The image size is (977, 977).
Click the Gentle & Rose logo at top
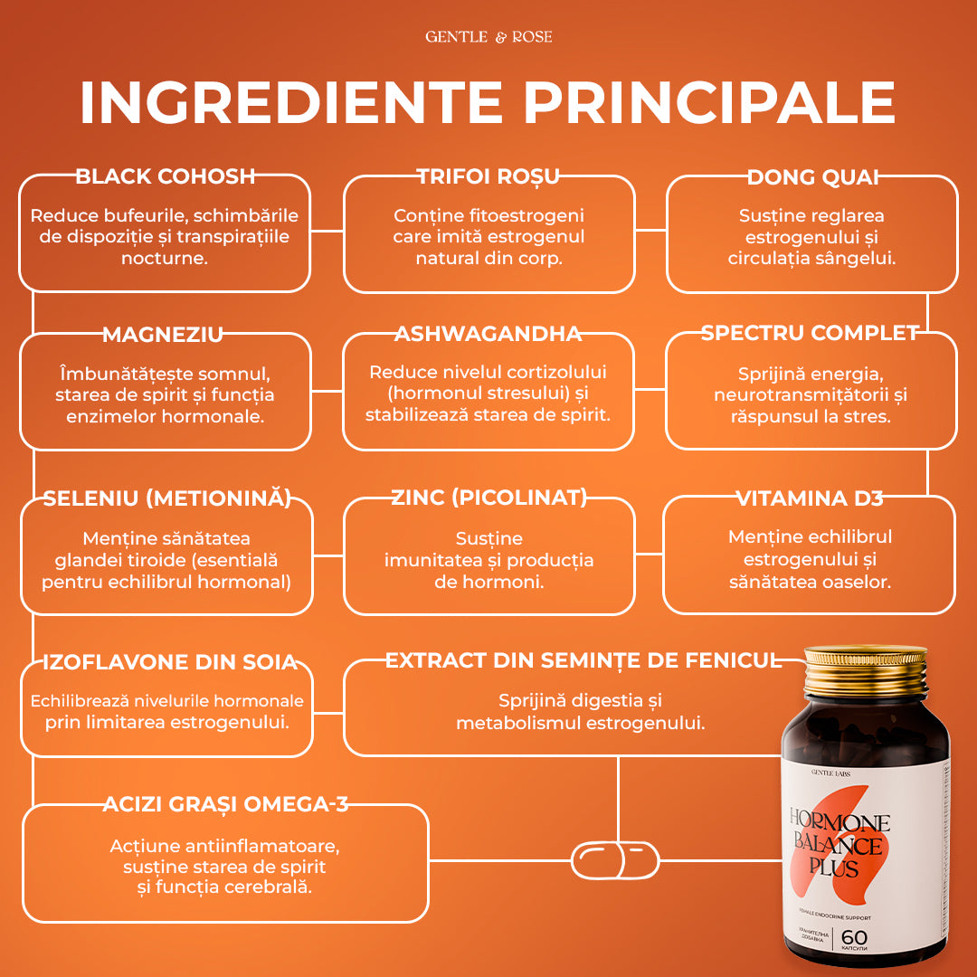click(488, 37)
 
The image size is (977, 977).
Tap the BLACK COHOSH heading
click(166, 176)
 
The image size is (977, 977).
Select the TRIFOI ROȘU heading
click(488, 176)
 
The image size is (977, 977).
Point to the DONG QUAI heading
click(812, 176)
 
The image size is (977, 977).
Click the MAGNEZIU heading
click(163, 335)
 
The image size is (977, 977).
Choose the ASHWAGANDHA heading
click(488, 334)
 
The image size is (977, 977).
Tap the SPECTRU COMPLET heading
click(810, 333)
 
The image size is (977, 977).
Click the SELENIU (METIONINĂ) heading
click(167, 498)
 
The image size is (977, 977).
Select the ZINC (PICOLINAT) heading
click(488, 497)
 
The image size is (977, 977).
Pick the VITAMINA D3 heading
click(809, 498)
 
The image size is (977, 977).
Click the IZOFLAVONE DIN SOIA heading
click(170, 662)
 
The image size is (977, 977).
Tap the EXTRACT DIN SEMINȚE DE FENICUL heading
click(583, 660)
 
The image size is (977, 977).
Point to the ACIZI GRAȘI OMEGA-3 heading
click(225, 804)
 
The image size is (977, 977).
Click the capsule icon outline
click(616, 859)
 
